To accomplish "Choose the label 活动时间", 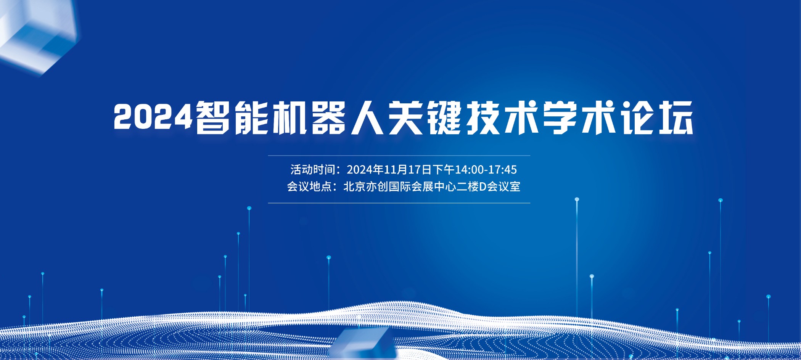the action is tap(313, 169).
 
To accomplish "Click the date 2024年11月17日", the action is tap(389, 169).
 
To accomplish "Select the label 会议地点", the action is tap(309, 186).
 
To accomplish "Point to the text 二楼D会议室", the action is tap(489, 186).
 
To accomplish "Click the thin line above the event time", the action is tap(399, 156).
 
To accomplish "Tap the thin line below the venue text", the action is tap(399, 203).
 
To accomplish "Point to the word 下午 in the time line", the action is tap(443, 169).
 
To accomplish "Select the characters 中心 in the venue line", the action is tap(446, 186).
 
